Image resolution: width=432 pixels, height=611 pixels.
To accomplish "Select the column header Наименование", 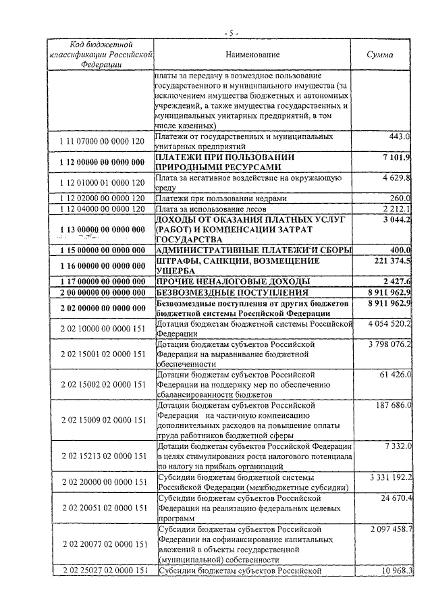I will [253, 54].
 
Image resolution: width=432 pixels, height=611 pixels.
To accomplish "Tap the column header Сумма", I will [379, 54].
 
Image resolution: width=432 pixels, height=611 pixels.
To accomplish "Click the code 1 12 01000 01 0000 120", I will [101, 183].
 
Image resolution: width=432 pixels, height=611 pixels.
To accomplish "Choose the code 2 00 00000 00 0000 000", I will [101, 293].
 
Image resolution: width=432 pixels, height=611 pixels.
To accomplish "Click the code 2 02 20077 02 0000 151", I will [101, 544].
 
